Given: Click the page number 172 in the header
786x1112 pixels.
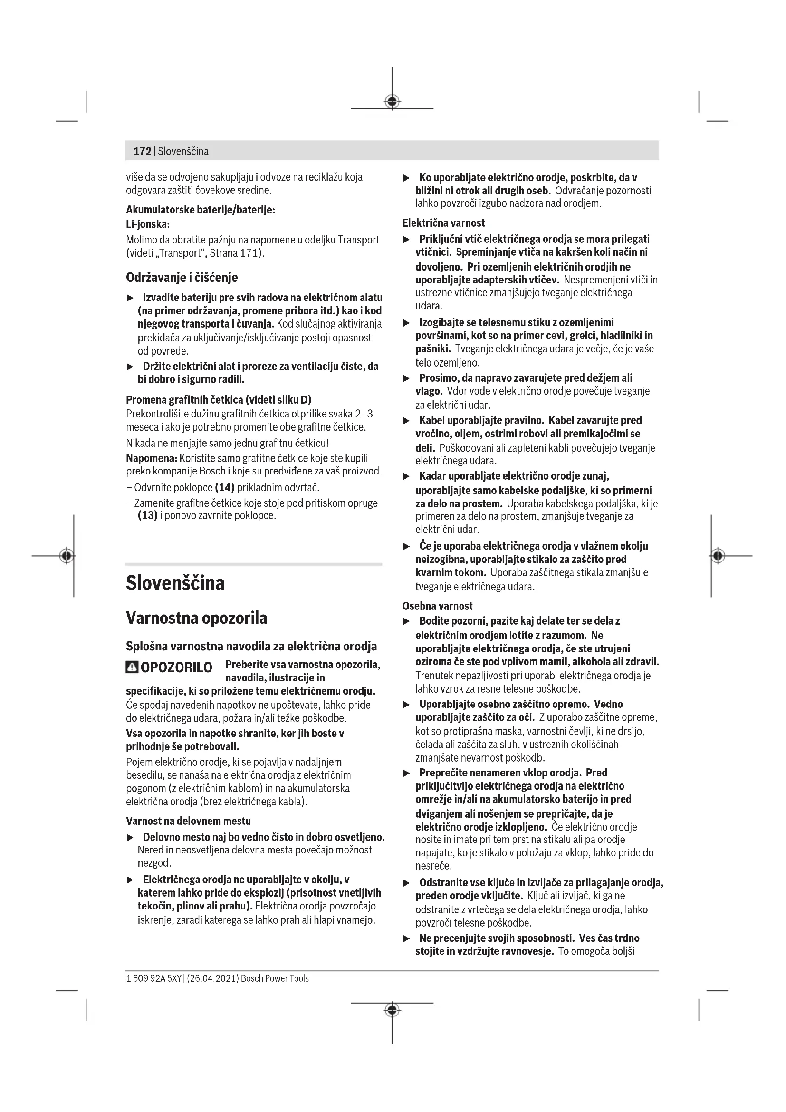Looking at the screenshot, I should pyautogui.click(x=142, y=151).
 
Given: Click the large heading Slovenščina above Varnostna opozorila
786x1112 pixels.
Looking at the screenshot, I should pyautogui.click(x=175, y=583).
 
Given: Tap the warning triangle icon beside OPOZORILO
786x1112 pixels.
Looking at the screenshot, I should pyautogui.click(x=132, y=667).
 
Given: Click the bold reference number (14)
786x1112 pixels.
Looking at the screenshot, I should pyautogui.click(x=224, y=487).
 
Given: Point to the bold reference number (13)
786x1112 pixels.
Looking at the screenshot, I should pyautogui.click(x=148, y=515).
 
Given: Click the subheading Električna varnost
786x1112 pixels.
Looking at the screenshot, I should pyautogui.click(x=443, y=223).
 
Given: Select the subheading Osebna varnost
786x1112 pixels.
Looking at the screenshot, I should pyautogui.click(x=437, y=606).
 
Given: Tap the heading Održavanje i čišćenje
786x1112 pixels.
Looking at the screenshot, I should pyautogui.click(x=182, y=278).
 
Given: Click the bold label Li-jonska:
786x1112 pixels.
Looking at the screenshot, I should pyautogui.click(x=148, y=225).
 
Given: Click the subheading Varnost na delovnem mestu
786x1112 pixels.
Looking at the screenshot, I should pyautogui.click(x=188, y=821).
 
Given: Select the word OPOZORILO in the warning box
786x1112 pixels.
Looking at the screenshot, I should pyautogui.click(x=176, y=667).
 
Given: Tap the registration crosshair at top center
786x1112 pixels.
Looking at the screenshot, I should pyautogui.click(x=392, y=102).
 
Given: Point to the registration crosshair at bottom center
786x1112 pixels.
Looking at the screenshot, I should pyautogui.click(x=392, y=1010).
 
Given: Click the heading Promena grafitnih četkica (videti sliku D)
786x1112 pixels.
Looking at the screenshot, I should pyautogui.click(x=218, y=399).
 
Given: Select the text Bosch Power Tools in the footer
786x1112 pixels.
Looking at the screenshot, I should pyautogui.click(x=274, y=978).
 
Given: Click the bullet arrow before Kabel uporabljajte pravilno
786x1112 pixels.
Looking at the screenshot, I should pyautogui.click(x=407, y=421).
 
